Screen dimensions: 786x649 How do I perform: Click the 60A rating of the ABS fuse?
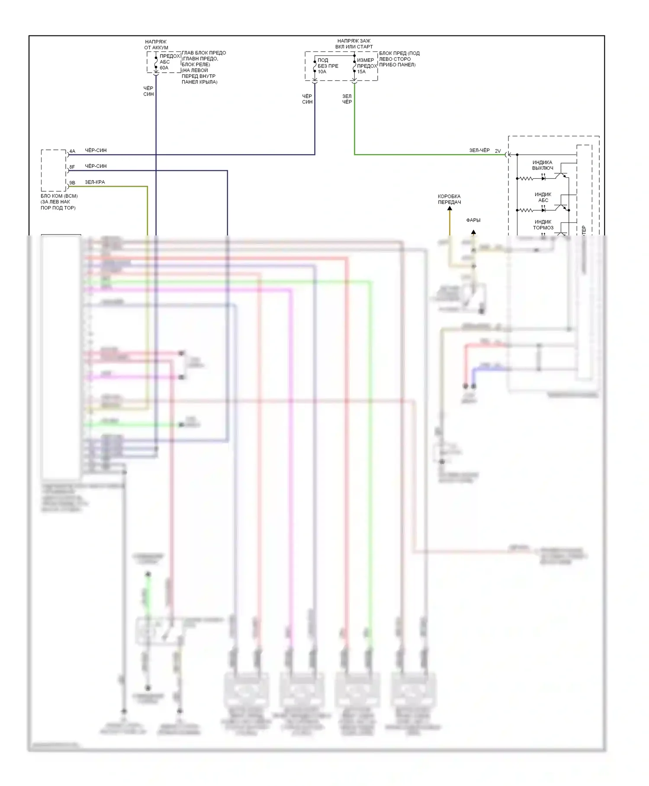[164, 68]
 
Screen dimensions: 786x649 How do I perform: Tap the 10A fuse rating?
[322, 72]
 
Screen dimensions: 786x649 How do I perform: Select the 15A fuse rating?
[361, 72]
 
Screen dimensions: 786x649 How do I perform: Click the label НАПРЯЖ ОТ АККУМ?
[156, 45]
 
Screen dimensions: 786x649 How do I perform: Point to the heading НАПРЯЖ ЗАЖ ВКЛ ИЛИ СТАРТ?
[354, 44]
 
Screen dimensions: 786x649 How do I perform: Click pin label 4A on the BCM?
[72, 151]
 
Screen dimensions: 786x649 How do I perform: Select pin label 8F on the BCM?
[72, 167]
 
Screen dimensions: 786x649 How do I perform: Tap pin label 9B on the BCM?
[72, 183]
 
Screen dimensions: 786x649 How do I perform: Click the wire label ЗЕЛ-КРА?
[95, 182]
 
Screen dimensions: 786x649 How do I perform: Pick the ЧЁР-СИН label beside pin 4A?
[96, 151]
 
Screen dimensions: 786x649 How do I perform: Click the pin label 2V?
[498, 151]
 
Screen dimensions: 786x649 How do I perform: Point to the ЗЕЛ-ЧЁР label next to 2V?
[479, 151]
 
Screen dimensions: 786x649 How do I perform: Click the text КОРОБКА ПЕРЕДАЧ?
[449, 199]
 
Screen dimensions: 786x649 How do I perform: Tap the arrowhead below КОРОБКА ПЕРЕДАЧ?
[450, 209]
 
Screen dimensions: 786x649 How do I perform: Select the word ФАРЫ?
[473, 220]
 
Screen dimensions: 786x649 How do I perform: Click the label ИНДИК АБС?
[543, 197]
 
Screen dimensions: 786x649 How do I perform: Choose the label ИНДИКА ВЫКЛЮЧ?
[543, 165]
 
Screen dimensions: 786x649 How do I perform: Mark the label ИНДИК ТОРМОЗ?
[543, 225]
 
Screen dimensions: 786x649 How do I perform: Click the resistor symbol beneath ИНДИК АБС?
[526, 210]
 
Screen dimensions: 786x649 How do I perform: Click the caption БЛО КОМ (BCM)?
[59, 196]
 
